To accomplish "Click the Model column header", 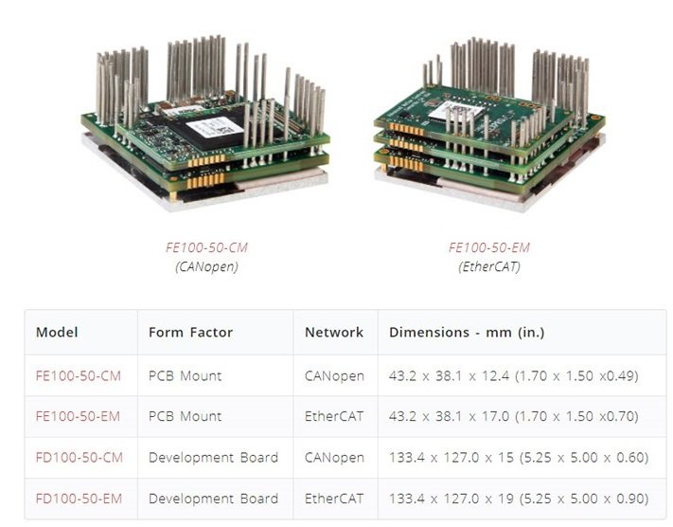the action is [57, 333].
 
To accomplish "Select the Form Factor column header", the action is [190, 333].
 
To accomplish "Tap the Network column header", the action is [334, 333].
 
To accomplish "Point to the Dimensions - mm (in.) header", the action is [467, 333].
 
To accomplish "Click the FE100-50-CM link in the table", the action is [79, 376].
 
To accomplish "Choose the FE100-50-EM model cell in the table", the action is [79, 416].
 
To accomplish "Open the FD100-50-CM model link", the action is [80, 458].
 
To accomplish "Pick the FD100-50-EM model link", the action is [79, 499].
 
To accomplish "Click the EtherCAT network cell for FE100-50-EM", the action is [334, 416].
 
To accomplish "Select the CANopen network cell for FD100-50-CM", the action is [334, 458].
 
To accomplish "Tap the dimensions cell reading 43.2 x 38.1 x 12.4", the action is [514, 376].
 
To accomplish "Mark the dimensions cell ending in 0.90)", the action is [519, 499].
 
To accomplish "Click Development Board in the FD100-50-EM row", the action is [213, 499].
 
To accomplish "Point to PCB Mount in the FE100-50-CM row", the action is [185, 376].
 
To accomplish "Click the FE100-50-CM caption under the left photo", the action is [207, 247].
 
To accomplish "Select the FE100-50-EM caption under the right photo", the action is [489, 247].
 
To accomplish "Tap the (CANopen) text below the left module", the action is [206, 267].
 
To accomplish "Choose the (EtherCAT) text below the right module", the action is [489, 267].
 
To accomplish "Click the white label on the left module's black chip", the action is [210, 127].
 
